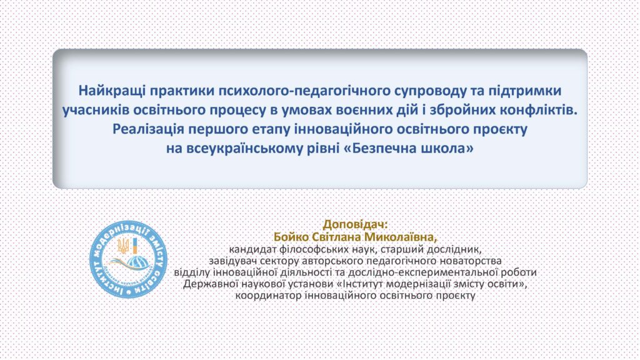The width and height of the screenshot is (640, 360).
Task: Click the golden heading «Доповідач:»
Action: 355,224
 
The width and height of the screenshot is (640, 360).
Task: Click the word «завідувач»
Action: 233,260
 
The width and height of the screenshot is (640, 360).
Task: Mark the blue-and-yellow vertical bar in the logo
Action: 134,246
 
